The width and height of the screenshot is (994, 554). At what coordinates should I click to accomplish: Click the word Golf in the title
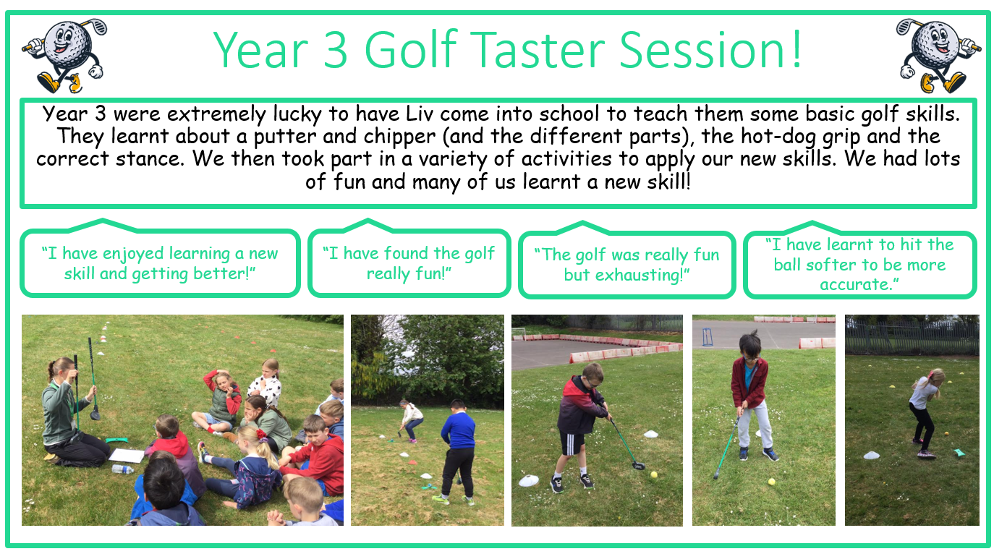coord(411,49)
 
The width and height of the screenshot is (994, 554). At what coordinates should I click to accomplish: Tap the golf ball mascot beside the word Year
coord(65,56)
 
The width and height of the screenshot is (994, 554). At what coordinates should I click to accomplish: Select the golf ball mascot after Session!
coord(938,56)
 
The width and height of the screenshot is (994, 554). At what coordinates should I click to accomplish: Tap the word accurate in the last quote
coord(856,284)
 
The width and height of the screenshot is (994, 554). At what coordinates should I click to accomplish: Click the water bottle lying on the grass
coord(123,469)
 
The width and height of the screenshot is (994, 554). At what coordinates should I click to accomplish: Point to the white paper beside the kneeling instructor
coord(127,456)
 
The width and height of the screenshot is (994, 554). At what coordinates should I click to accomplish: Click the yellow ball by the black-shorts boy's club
coord(653,474)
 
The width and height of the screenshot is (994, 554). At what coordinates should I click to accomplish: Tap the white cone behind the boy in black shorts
coord(650,433)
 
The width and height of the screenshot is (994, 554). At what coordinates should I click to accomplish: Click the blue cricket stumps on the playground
coord(708,337)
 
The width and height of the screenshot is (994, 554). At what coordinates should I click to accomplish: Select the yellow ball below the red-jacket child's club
coord(772,482)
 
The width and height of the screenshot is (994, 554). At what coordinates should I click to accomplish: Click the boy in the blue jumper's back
coord(459,430)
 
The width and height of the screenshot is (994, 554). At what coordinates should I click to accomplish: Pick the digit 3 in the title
coord(335,50)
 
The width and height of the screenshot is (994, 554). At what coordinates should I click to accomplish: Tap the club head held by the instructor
coord(95,414)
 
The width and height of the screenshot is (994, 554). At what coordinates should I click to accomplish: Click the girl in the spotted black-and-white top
coord(266,384)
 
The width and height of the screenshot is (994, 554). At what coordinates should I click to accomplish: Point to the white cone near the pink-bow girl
coord(872,455)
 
